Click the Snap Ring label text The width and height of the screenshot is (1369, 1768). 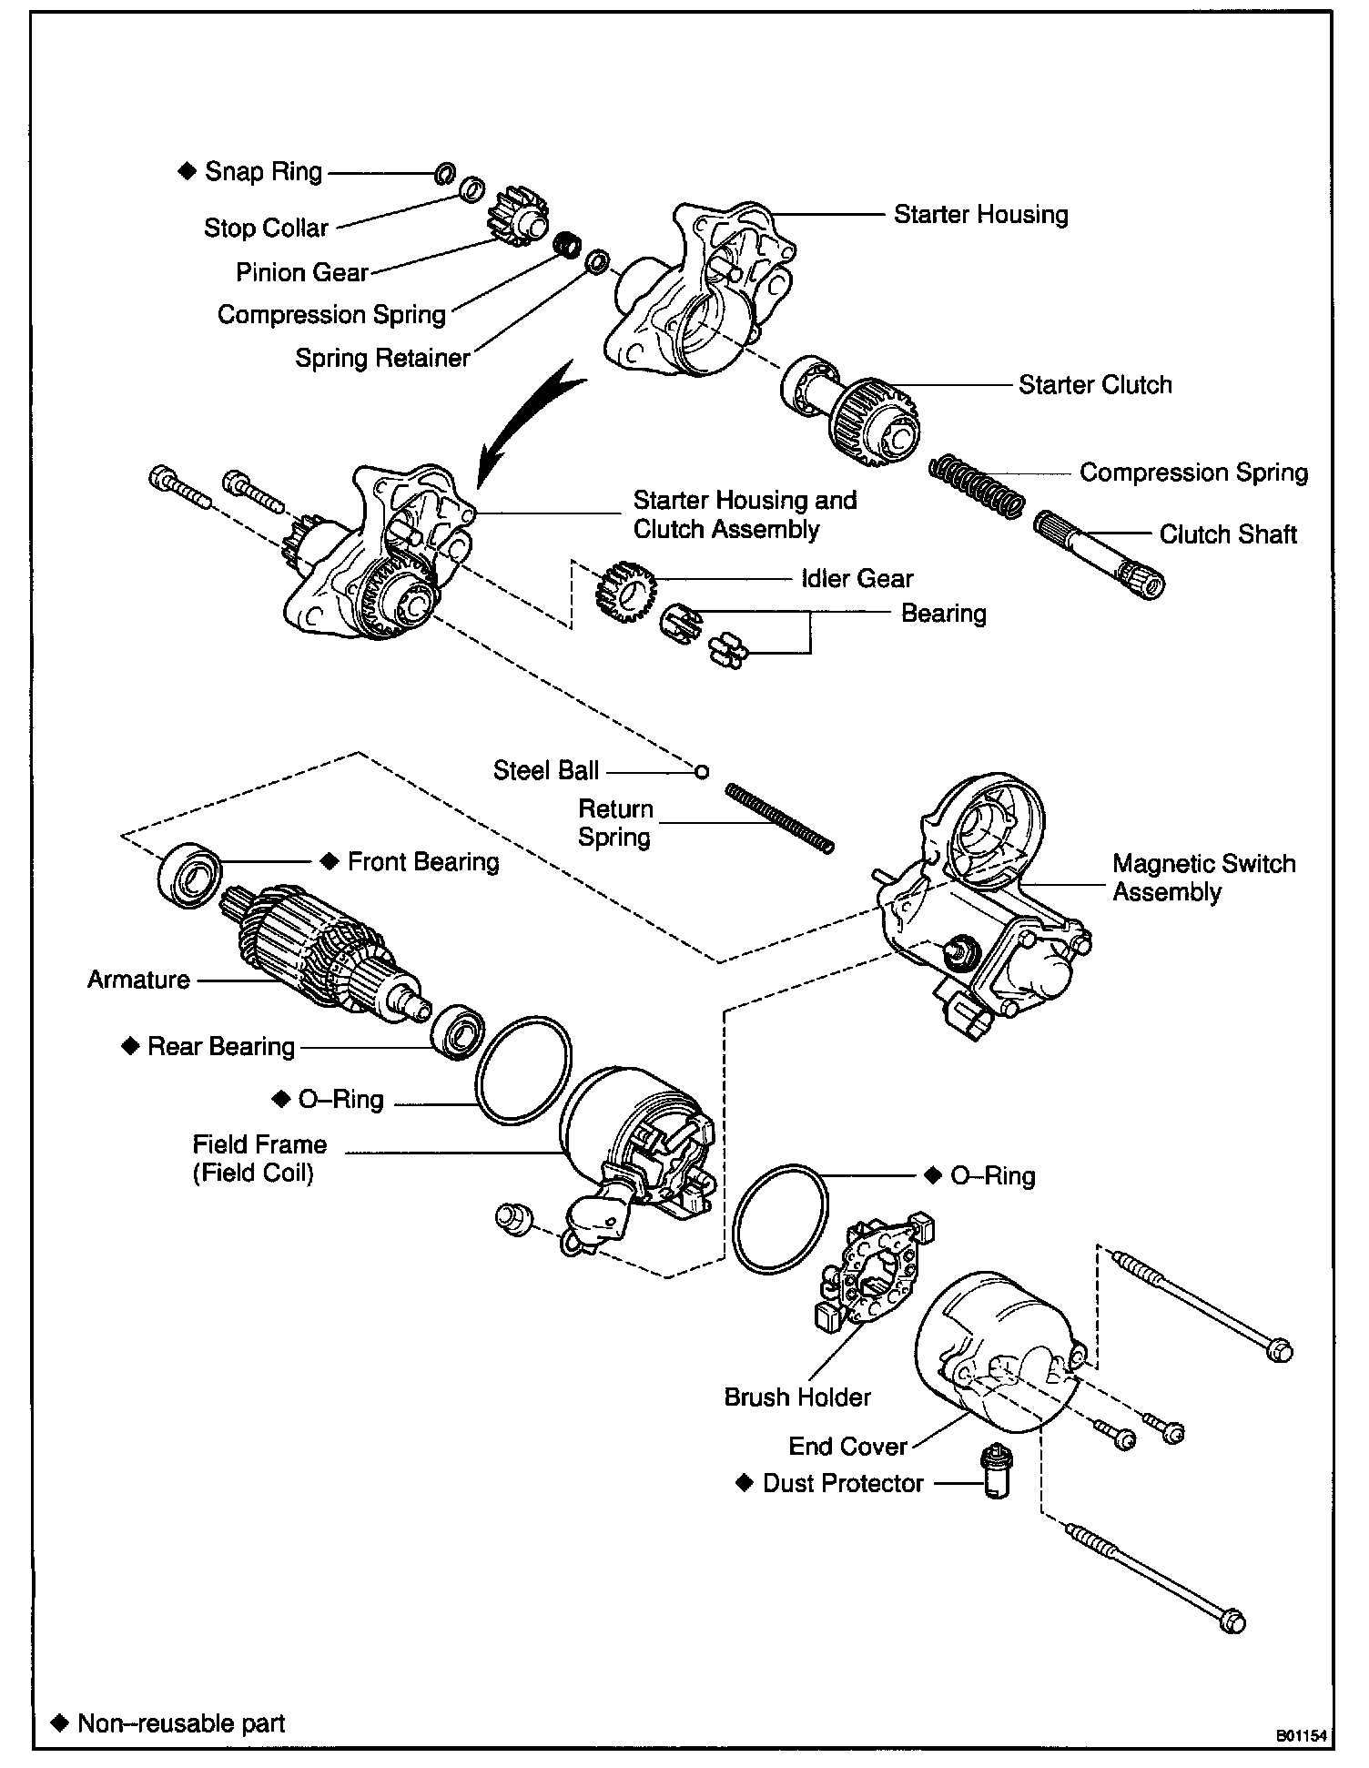tap(263, 171)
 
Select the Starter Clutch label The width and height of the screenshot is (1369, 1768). tap(1094, 384)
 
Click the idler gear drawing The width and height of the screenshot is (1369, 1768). tap(625, 591)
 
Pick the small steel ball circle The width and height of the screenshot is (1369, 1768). tap(701, 771)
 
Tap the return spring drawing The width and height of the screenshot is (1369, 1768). tap(779, 818)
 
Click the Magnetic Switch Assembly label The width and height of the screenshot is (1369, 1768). tap(1203, 877)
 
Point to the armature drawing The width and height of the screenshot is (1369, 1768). tap(319, 956)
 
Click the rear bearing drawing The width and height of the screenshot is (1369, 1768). tap(457, 1031)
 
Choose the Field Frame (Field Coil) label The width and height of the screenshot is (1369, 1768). tap(259, 1158)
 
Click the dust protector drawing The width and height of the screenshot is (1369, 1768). tap(997, 1472)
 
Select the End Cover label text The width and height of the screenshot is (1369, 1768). tap(847, 1446)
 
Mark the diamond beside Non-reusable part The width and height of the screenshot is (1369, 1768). tap(60, 1722)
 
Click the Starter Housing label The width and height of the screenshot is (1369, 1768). tap(980, 215)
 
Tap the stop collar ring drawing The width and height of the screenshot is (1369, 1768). tap(472, 189)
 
